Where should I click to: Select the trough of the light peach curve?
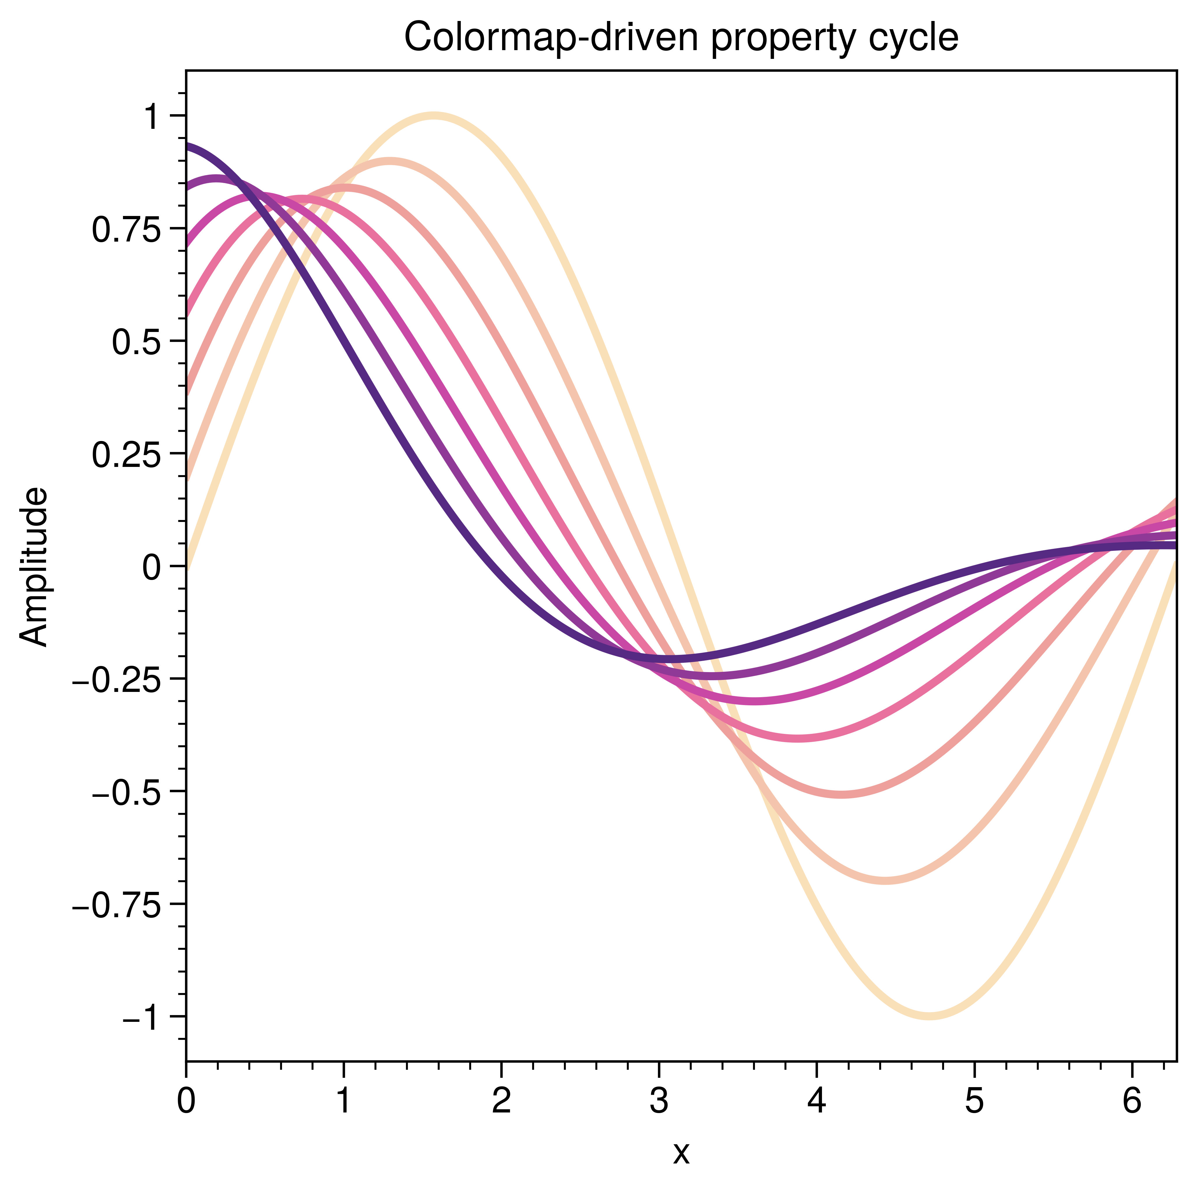[x=886, y=880]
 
